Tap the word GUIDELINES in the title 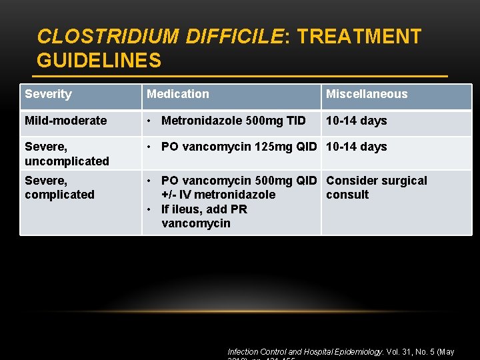point(99,61)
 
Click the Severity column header point(48,94)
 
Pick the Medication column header point(177,94)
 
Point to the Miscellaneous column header point(366,94)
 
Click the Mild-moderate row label point(65,121)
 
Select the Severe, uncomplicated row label point(67,153)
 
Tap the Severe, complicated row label point(59,187)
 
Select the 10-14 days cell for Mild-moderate point(356,121)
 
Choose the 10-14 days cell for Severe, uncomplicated point(356,147)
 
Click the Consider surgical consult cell point(376,187)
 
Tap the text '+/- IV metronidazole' point(218,195)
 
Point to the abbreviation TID point(296,121)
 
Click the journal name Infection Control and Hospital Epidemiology point(305,351)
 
